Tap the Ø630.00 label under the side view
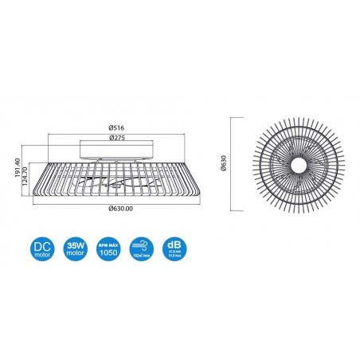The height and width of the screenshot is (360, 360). [119, 209]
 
